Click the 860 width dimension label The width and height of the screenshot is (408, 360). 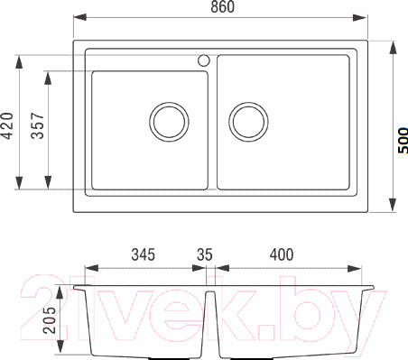222,6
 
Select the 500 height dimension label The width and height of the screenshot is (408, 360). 403,141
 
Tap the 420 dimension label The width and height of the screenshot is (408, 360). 7,125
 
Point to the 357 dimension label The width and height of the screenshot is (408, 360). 38,125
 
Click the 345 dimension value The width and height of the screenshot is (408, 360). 144,254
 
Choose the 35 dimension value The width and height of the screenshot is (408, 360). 205,254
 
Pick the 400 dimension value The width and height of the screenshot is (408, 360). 282,254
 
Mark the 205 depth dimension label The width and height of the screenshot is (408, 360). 50,320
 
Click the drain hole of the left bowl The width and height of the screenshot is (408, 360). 169,122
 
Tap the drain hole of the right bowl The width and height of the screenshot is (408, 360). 248,122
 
